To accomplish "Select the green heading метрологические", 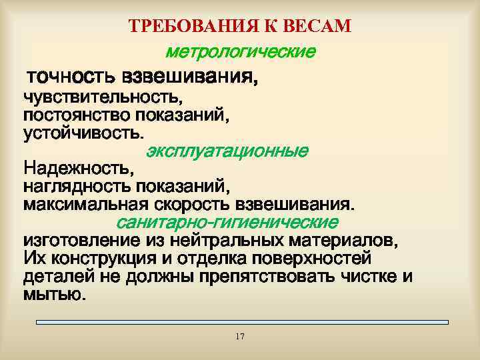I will click(241, 51).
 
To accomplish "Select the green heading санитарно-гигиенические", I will click(227, 221).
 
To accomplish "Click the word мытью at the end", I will click(53, 294).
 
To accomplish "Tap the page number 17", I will click(240, 337).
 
